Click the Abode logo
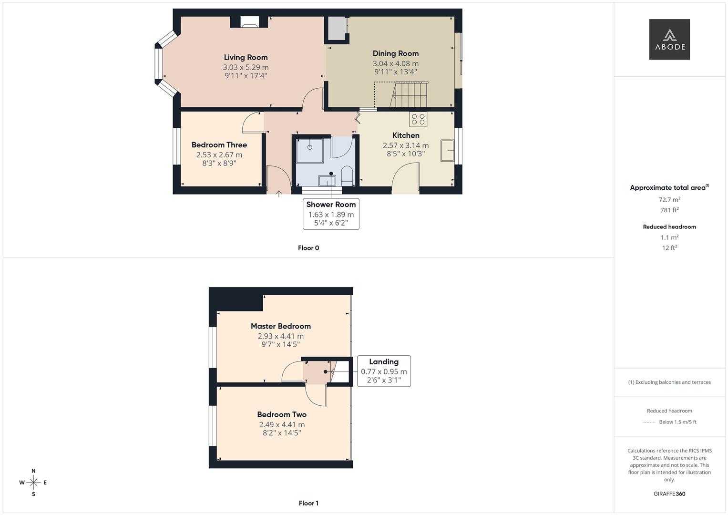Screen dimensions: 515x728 click(x=669, y=40)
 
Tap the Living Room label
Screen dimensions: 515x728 click(x=246, y=57)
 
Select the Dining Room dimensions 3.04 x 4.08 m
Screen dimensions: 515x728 click(x=395, y=63)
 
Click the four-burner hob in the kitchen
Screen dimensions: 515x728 click(x=418, y=119)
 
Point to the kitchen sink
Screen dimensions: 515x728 click(x=447, y=151)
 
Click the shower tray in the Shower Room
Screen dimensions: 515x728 click(x=310, y=150)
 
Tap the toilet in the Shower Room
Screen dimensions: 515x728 click(x=347, y=177)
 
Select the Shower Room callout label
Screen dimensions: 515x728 click(x=331, y=205)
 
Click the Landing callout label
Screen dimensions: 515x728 click(x=383, y=362)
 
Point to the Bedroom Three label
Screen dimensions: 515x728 click(x=219, y=145)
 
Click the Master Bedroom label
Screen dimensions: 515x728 click(x=281, y=326)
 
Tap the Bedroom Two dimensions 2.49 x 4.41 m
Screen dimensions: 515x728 click(x=282, y=424)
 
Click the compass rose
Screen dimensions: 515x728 click(x=33, y=483)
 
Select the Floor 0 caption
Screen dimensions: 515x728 click(x=308, y=248)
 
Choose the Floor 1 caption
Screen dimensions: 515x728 click(x=308, y=503)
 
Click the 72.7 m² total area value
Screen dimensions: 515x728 click(x=669, y=200)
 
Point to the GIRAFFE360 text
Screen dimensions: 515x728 click(x=669, y=494)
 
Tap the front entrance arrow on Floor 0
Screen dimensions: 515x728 click(x=279, y=193)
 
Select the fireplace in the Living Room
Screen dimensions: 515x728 click(x=249, y=22)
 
